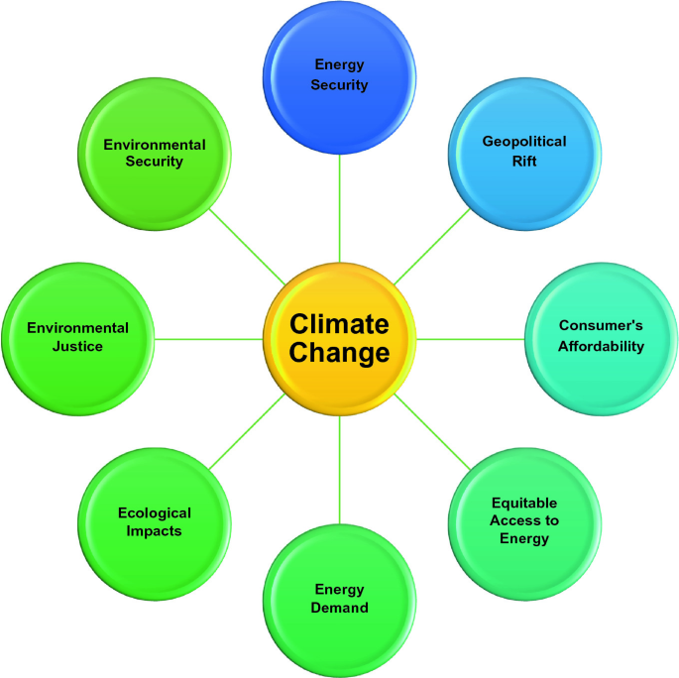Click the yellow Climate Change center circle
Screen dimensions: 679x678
pos(340,339)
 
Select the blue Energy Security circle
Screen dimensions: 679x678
pos(339,75)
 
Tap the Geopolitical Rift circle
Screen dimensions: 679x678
pos(524,151)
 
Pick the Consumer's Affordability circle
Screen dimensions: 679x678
pos(601,337)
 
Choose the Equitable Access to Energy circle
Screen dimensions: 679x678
pos(524,521)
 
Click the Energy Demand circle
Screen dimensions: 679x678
pos(340,599)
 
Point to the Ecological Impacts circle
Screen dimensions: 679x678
pos(155,521)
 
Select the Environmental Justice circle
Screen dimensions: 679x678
pos(78,337)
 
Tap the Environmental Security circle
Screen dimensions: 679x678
pos(155,154)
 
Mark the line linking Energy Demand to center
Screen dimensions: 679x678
pos(340,470)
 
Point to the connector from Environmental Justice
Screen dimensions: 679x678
pos(209,339)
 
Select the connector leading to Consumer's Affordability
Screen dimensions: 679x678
pos(470,339)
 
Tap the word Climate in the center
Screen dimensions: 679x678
pos(339,324)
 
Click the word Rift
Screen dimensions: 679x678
pos(524,161)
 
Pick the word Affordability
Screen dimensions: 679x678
pos(601,347)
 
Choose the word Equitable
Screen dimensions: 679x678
pos(524,504)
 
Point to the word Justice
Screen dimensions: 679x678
pos(78,347)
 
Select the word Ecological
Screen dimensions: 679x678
pos(155,513)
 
